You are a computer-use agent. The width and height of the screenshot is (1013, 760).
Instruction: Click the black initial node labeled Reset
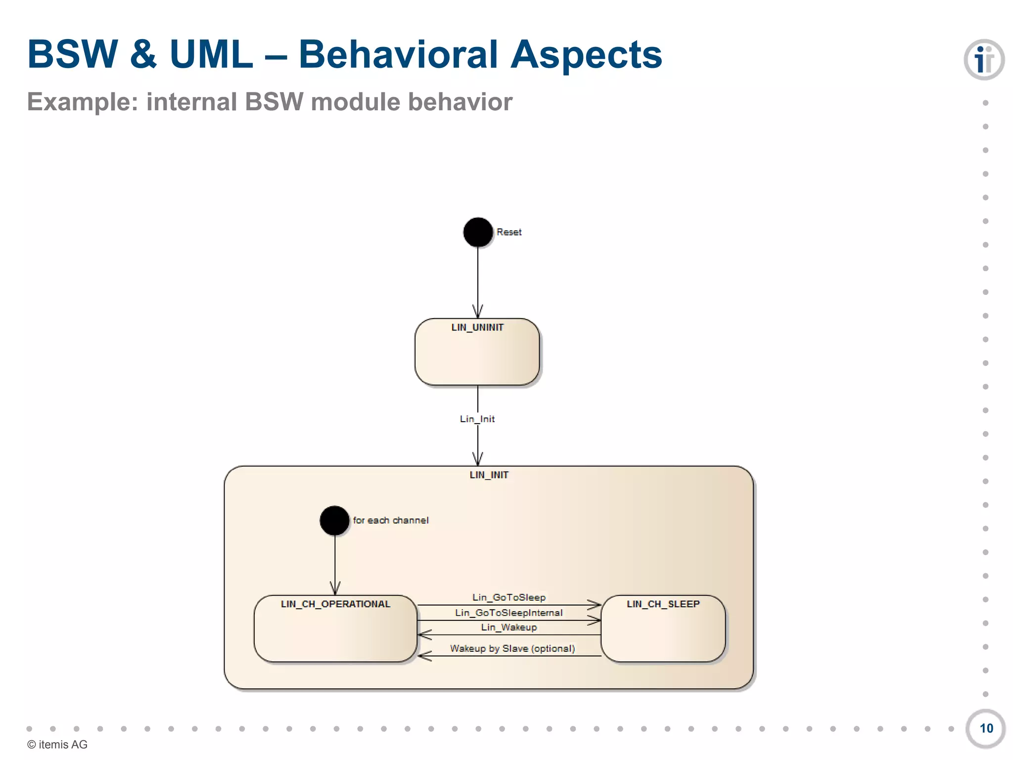[x=478, y=232]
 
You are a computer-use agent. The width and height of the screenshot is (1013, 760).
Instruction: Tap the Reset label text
[x=509, y=232]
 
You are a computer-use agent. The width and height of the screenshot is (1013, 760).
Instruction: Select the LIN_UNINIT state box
[x=477, y=352]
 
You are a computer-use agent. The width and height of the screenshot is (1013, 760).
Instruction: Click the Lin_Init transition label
[x=477, y=419]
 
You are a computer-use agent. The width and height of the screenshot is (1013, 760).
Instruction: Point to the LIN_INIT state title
[x=489, y=475]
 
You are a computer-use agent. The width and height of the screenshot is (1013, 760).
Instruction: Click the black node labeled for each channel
[x=334, y=521]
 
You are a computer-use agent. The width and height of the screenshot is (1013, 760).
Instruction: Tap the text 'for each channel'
[x=391, y=521]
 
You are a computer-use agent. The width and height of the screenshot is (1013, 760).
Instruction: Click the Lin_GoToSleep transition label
[x=509, y=598]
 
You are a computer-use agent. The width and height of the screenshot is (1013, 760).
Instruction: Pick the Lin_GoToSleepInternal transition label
[x=509, y=613]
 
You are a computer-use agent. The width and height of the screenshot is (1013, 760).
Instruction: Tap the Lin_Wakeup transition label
[x=509, y=627]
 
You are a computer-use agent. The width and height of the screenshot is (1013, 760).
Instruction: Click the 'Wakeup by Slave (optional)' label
[x=512, y=649]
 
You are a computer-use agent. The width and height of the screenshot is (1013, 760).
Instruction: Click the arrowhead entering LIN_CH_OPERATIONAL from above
[x=335, y=589]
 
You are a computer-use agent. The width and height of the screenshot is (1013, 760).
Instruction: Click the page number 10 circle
[x=986, y=728]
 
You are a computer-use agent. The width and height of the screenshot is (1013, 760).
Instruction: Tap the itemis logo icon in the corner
[x=984, y=60]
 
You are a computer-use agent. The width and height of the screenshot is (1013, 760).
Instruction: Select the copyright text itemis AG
[x=57, y=745]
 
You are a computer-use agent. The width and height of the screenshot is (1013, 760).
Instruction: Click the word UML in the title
[x=211, y=54]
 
